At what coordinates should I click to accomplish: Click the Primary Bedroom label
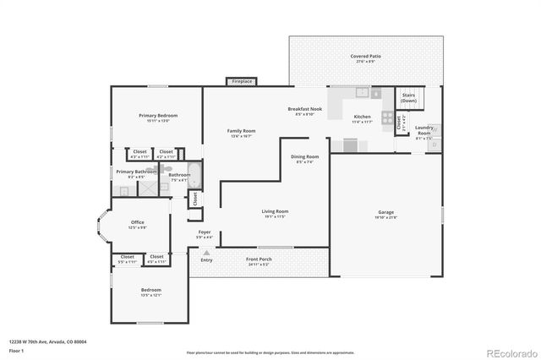coord(159,115)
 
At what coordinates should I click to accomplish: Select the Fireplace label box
coord(242,81)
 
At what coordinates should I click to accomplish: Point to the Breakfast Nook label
coord(304,109)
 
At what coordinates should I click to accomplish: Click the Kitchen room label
coord(362,116)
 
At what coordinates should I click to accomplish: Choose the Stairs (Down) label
coord(408,98)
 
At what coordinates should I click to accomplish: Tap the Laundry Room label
coord(424,131)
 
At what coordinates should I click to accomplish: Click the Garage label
coord(386,212)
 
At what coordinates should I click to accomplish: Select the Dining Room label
coord(304,156)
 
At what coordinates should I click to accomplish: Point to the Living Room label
coord(275,211)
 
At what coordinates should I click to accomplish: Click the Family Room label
coord(241,131)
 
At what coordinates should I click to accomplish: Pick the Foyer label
coord(205,232)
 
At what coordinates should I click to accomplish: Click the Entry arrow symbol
coord(205,252)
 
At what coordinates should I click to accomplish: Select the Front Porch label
coord(258,259)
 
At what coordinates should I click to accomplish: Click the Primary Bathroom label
coord(135,171)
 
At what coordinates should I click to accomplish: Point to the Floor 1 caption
coord(17,350)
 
